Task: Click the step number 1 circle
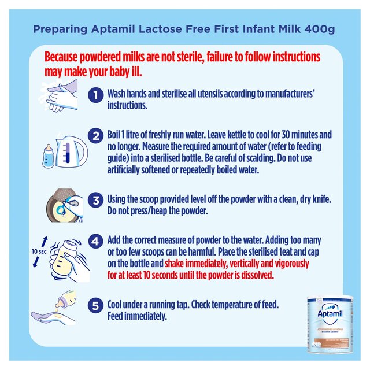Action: (x=95, y=95)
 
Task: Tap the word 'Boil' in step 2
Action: (x=116, y=134)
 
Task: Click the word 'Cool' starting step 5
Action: (x=117, y=304)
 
